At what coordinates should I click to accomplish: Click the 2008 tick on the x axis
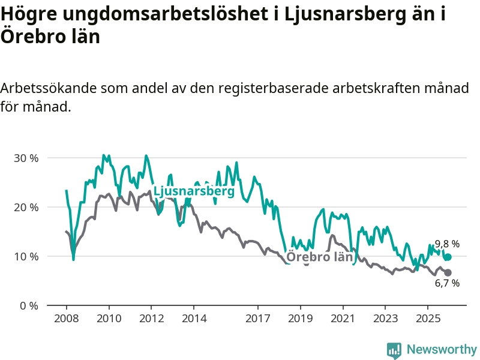[66, 318]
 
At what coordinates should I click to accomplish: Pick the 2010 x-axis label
[109, 318]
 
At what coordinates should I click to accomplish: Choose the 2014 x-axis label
[193, 318]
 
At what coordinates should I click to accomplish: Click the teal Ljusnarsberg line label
[194, 192]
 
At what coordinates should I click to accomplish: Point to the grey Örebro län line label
[319, 257]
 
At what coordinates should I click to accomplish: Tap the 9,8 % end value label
[447, 244]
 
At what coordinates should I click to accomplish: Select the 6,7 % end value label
[447, 283]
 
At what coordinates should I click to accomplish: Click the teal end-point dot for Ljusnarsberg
[448, 257]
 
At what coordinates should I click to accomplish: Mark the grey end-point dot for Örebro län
[448, 272]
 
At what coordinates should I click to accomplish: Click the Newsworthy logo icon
[394, 350]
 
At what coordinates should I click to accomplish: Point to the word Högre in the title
[29, 14]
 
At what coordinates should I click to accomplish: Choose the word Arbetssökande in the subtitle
[48, 89]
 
